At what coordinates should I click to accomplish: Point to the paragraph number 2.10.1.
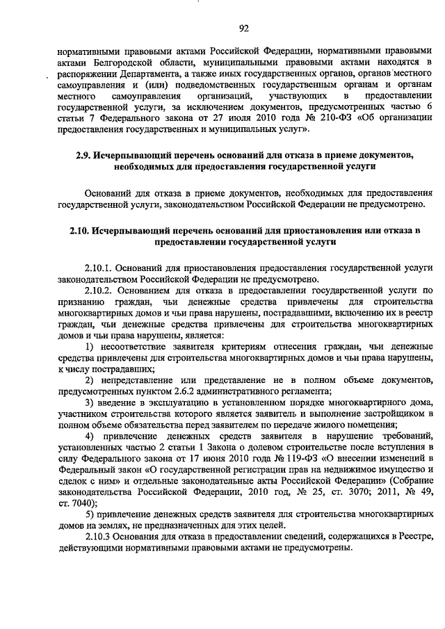99,267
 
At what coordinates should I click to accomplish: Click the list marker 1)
89,345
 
